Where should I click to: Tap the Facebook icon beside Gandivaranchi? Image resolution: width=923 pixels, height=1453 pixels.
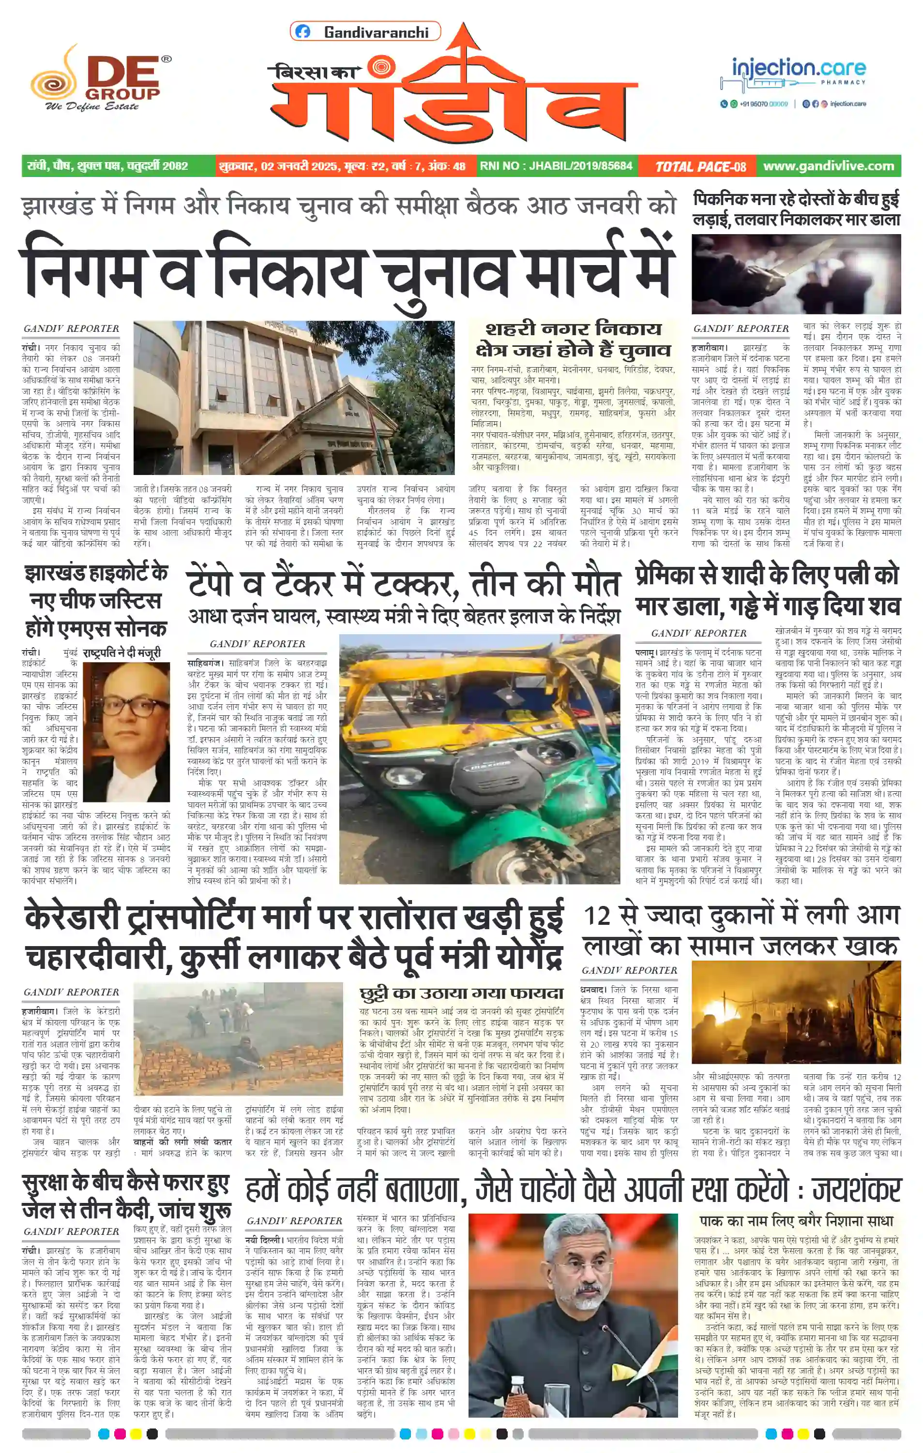point(303,32)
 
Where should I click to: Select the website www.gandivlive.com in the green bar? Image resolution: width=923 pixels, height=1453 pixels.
point(828,166)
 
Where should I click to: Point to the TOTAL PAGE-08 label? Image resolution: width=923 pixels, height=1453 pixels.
point(700,166)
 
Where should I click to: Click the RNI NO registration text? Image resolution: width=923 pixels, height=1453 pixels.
point(556,166)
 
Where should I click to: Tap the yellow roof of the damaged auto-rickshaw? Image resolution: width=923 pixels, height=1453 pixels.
point(423,670)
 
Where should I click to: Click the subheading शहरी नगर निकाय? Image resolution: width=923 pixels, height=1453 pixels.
point(573,329)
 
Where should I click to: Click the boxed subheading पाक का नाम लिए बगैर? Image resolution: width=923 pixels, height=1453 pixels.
point(796,1220)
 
